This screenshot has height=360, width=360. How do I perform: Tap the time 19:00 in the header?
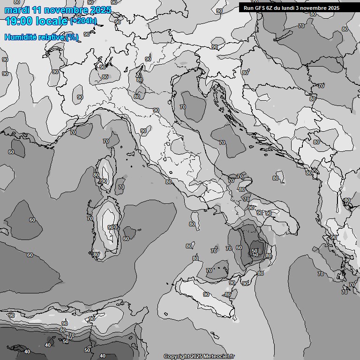tap(19, 21)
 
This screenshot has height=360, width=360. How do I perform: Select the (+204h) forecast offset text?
tap(83, 21)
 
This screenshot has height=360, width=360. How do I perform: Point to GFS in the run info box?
tap(262, 8)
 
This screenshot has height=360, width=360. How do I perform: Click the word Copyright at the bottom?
tap(176, 356)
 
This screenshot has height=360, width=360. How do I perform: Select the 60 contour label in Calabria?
tap(239, 248)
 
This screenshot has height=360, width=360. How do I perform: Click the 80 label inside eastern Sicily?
tap(228, 294)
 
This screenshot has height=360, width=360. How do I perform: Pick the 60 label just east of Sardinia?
tap(126, 239)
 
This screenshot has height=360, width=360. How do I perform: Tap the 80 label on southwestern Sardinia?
tap(96, 255)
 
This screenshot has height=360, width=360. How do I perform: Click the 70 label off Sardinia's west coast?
tap(90, 218)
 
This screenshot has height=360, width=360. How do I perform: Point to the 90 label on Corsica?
tap(104, 181)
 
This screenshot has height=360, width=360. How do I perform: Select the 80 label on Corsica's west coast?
tap(96, 175)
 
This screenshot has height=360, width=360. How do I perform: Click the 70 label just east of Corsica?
tap(121, 187)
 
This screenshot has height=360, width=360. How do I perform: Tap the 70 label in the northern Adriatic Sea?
tap(183, 107)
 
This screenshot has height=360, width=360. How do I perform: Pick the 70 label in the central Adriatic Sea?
tap(222, 142)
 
